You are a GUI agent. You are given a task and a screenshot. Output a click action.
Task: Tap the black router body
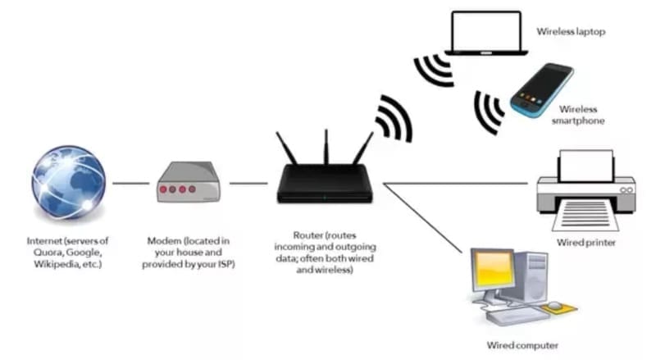tap(325, 185)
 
